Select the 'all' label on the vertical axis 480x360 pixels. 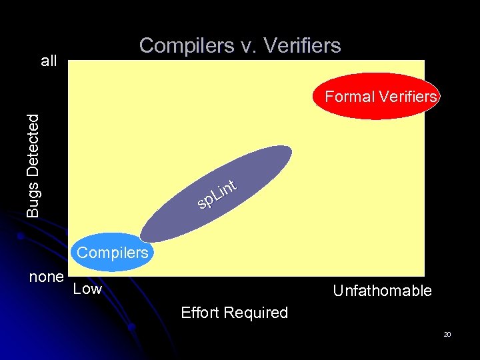coord(49,61)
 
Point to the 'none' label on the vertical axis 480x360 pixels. coord(46,276)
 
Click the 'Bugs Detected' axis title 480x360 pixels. coord(33,165)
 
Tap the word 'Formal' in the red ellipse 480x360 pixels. coord(349,97)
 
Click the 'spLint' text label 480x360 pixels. coord(217,193)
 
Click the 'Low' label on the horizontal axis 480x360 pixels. coord(87,289)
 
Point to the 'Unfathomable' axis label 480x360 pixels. coord(382,291)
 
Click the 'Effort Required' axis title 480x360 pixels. coord(234,313)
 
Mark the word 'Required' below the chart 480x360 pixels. coord(257,313)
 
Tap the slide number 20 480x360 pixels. coord(447,334)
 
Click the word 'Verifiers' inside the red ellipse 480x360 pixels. coord(408,97)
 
